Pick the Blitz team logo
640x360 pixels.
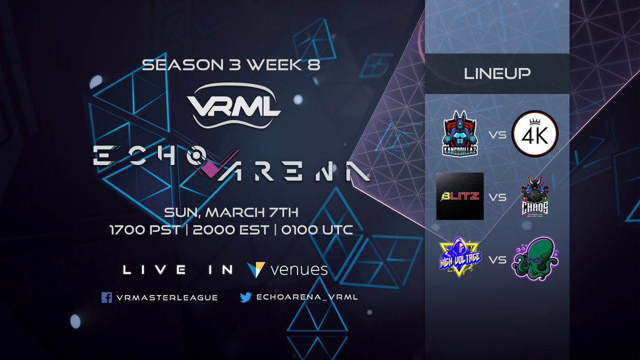(460, 196)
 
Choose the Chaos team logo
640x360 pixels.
(534, 197)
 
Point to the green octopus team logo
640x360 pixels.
(534, 259)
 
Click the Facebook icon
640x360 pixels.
(107, 297)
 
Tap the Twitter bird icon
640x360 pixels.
(245, 297)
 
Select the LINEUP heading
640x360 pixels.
(497, 74)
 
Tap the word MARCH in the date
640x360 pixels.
(235, 212)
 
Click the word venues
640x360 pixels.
(299, 270)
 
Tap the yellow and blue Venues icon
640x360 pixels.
(257, 269)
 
